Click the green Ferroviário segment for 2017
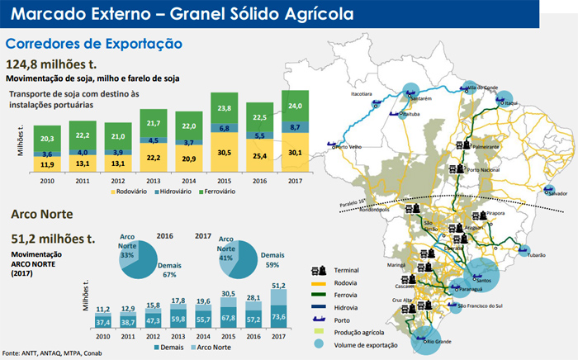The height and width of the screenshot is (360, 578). tap(294, 105)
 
